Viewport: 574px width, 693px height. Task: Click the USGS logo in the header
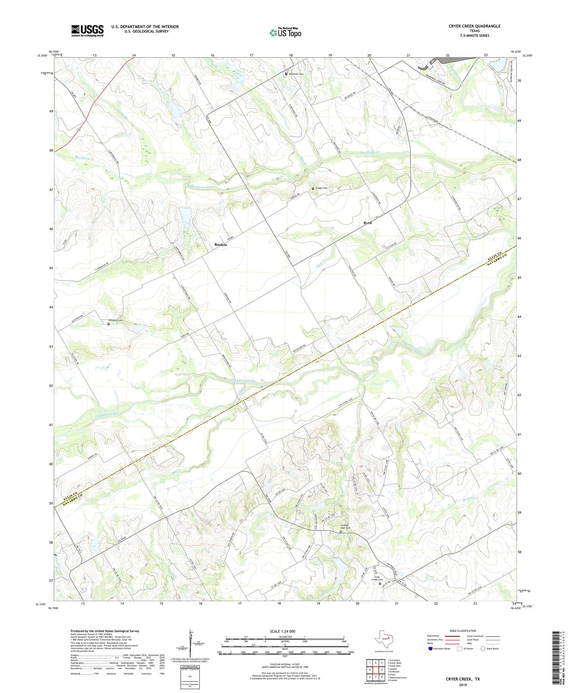pos(87,30)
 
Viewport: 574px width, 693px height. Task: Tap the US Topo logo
pos(285,32)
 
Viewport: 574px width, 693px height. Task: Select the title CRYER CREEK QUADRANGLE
pos(474,26)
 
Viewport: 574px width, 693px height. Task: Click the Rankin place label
pos(220,244)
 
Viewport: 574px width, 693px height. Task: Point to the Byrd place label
pos(367,223)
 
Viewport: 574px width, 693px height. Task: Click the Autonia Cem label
pos(116,321)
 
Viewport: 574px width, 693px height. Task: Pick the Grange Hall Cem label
pos(346,527)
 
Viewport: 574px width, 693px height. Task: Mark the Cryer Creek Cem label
pos(377,578)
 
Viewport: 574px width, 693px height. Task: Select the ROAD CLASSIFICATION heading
pos(463,631)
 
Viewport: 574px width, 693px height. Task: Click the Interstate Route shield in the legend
pos(431,649)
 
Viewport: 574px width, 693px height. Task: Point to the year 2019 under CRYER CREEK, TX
pos(463,685)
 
